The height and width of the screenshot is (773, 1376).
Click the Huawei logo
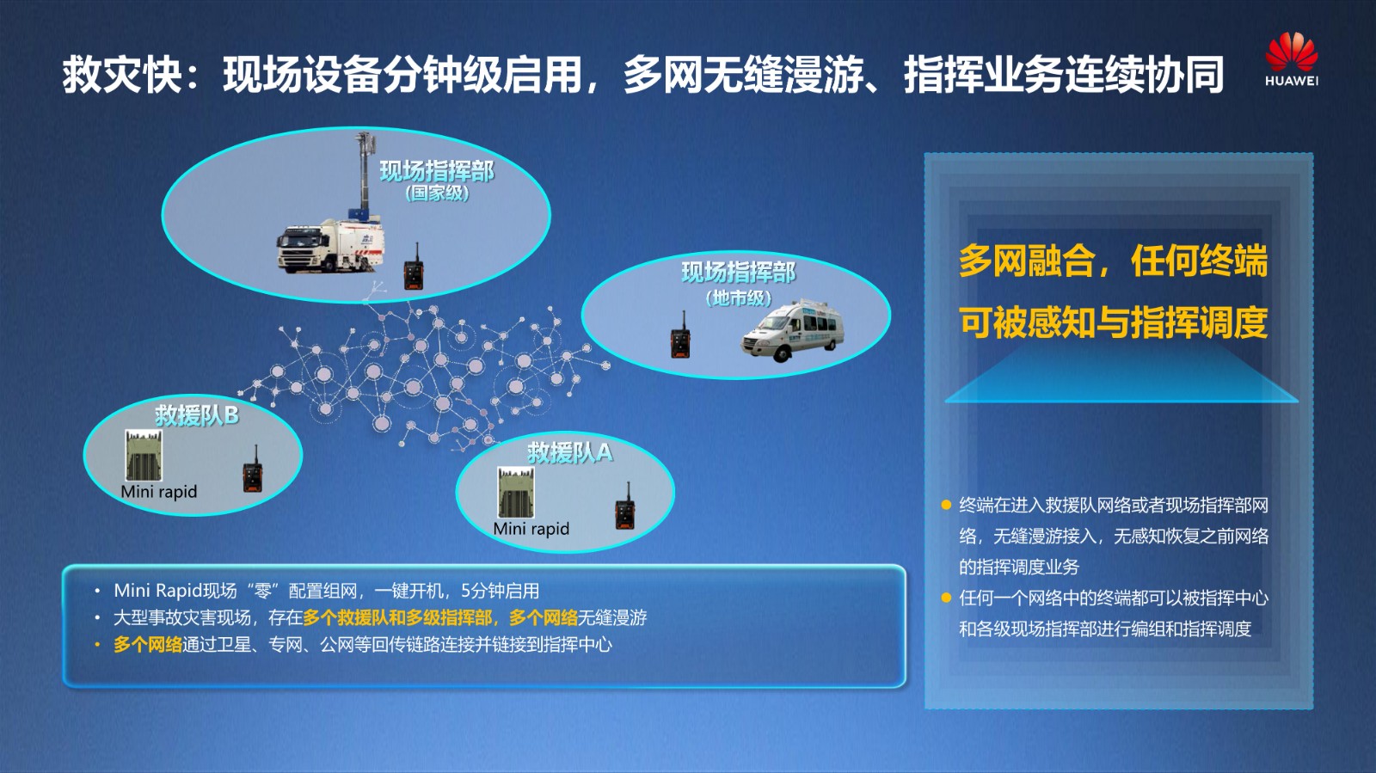(1291, 59)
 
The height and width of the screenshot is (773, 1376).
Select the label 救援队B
(197, 415)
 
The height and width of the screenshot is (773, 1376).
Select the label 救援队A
(570, 453)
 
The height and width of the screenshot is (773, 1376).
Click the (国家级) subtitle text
(438, 193)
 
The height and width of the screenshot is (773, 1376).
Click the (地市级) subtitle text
(739, 298)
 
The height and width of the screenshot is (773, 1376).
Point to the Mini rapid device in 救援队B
(144, 455)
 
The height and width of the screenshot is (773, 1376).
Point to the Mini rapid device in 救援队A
(515, 493)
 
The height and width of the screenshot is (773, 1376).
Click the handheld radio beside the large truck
(414, 267)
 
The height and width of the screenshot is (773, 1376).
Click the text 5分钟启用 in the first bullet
(500, 591)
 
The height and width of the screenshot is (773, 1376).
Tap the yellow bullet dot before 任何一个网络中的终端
(946, 598)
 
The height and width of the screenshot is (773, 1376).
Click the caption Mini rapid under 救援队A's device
(531, 529)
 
